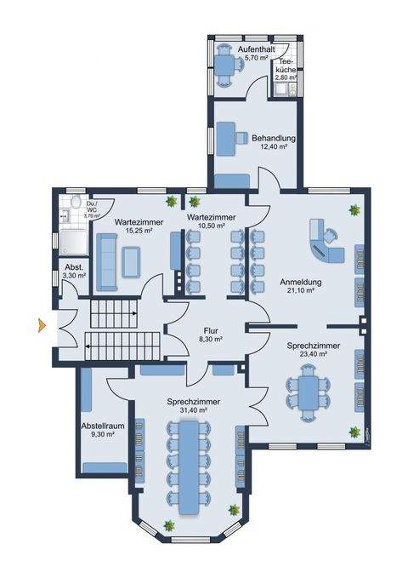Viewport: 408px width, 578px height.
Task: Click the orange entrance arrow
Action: coord(40,323)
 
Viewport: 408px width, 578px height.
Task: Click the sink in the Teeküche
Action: coord(281,89)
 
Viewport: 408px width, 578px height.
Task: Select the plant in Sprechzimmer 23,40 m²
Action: coord(351,432)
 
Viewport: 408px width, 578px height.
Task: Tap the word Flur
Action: coord(211,329)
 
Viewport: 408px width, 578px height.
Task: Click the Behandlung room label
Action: coord(273,138)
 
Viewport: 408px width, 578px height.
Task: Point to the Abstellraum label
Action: coord(97,425)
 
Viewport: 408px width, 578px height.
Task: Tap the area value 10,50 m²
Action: coord(208,226)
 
